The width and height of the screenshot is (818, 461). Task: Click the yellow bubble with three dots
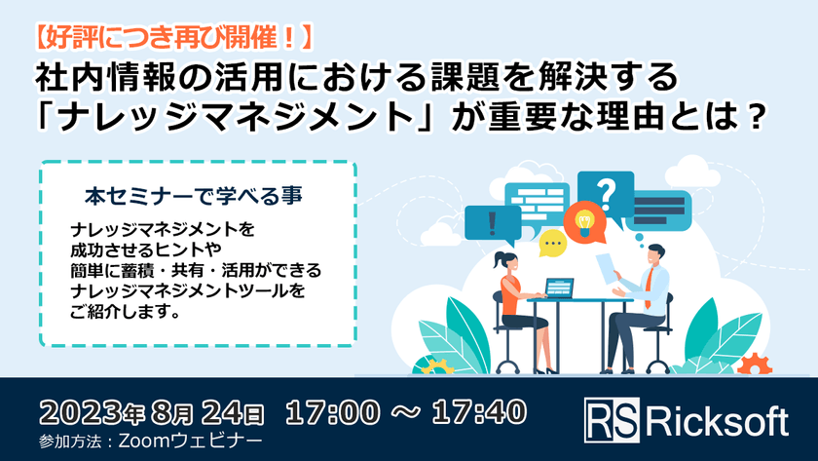point(552,241)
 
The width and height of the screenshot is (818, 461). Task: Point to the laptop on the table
point(560,288)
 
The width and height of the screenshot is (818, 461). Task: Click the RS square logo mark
point(613,419)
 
